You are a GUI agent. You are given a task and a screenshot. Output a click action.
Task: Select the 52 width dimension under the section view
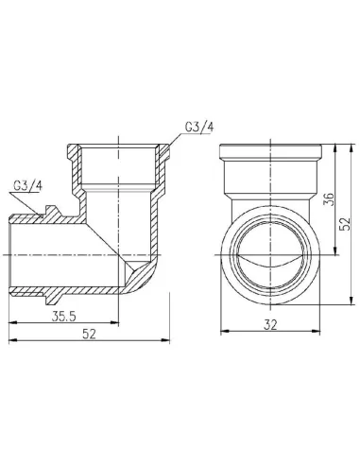coord(88,334)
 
